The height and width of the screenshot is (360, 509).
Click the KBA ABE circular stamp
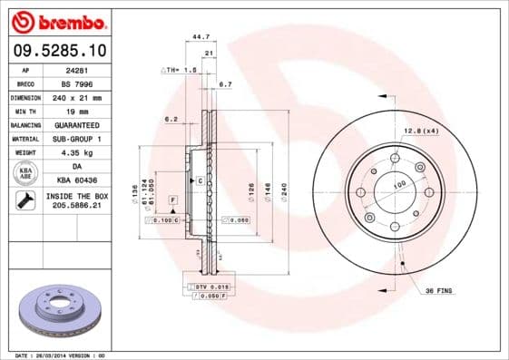click(24, 173)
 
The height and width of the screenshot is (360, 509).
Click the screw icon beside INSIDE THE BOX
click(24, 201)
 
